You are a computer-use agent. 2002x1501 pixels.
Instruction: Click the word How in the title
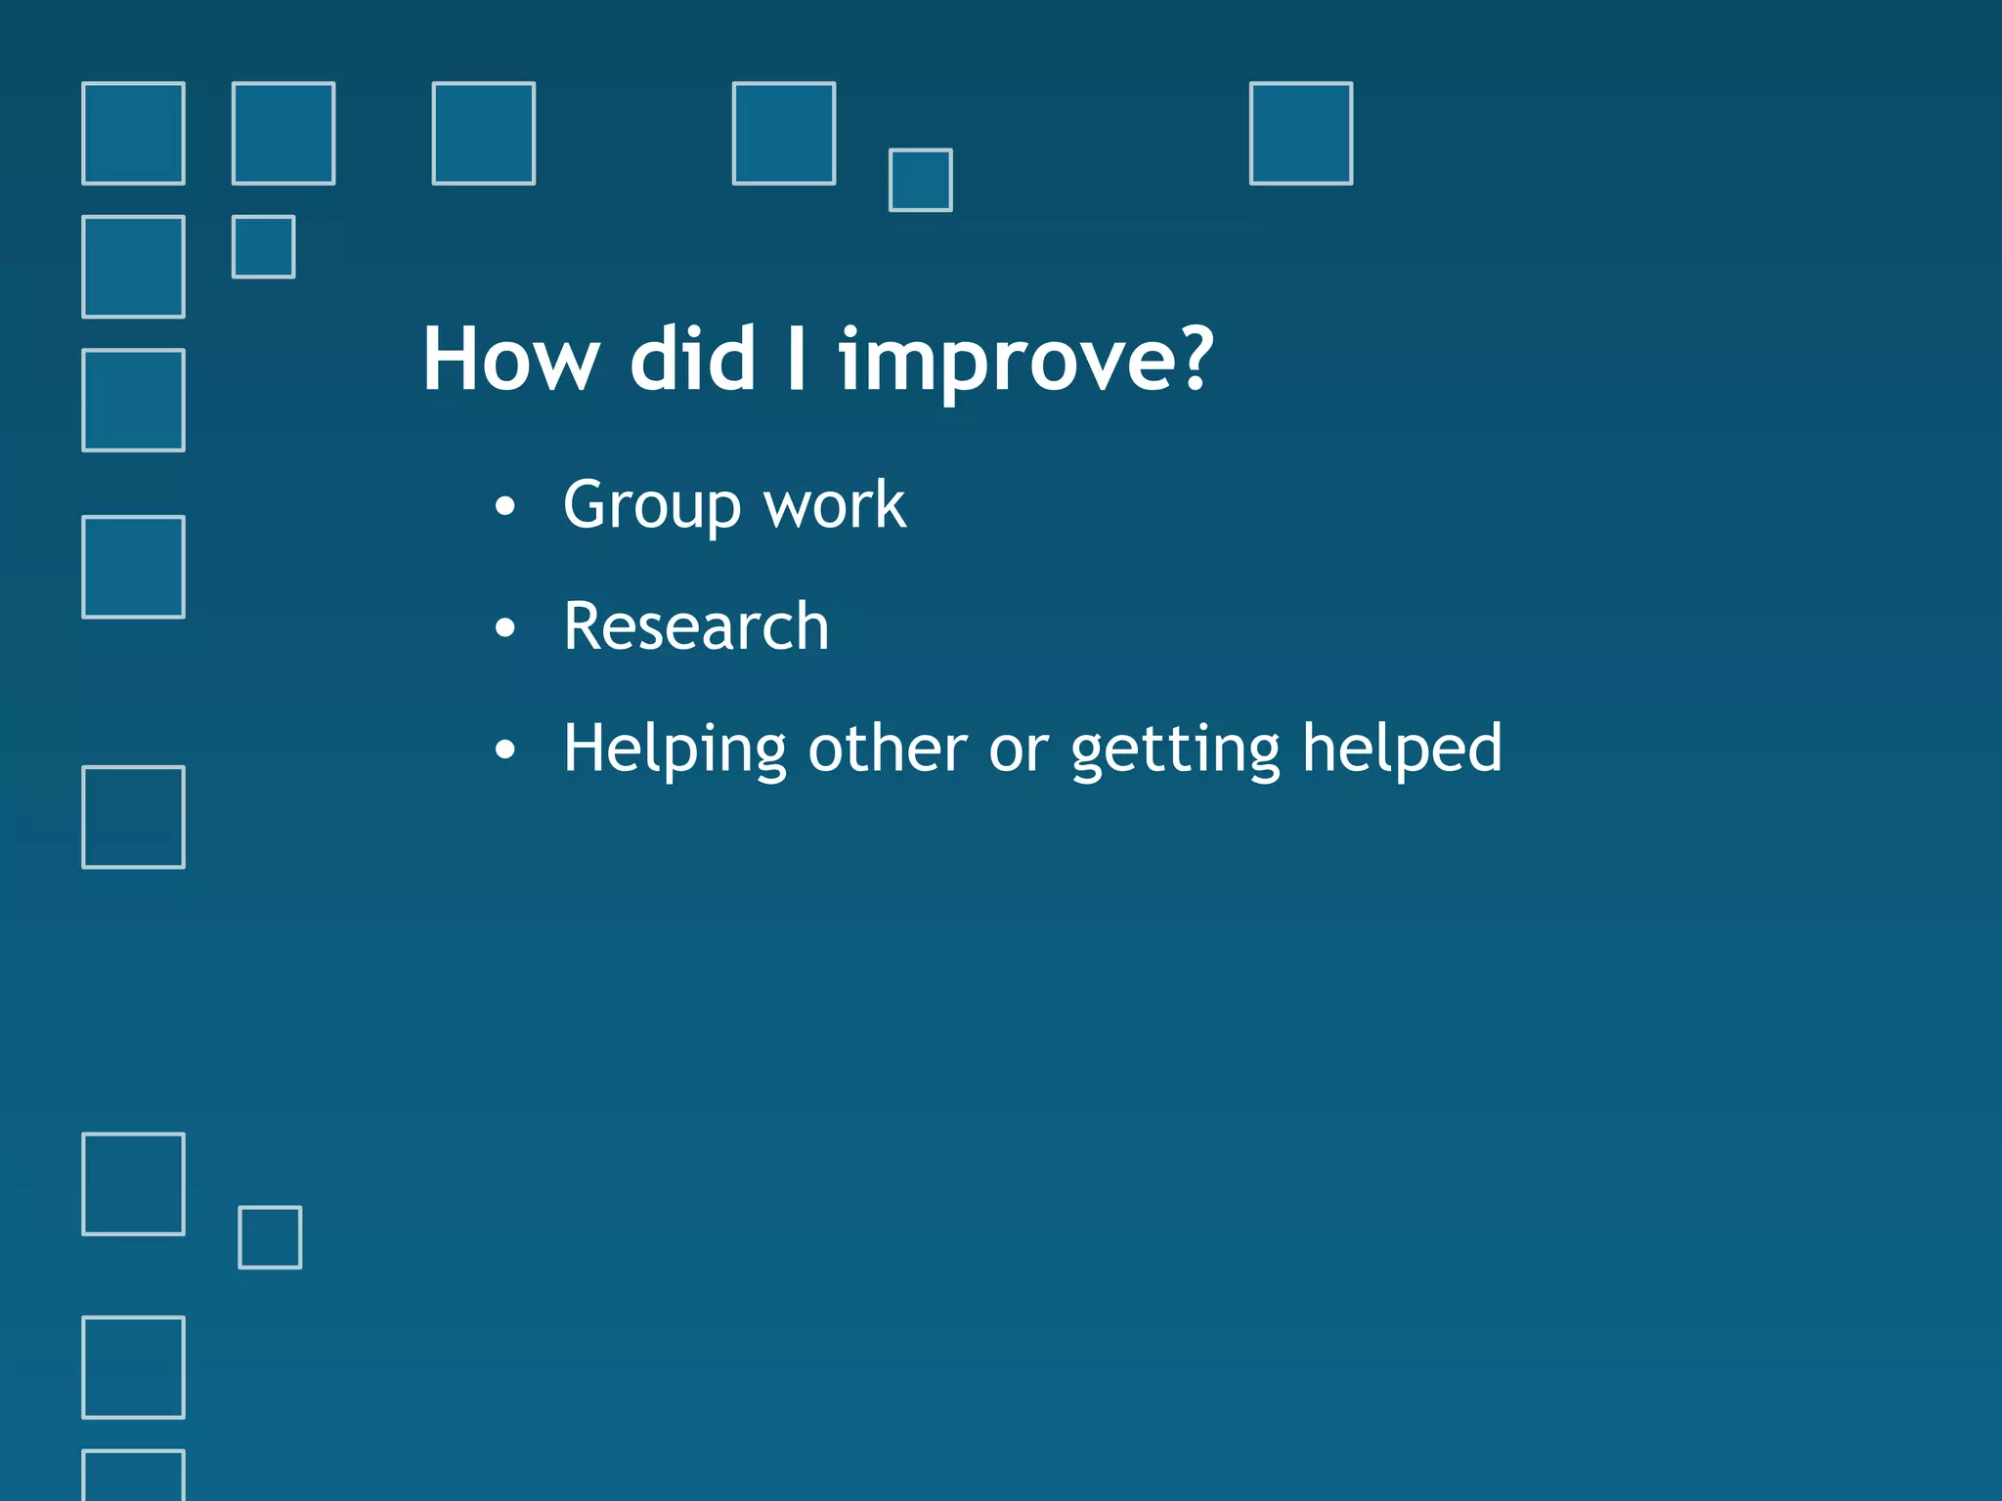(x=509, y=360)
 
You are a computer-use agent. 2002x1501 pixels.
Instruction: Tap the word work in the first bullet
(x=834, y=506)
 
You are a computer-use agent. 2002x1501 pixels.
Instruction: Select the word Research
(x=696, y=626)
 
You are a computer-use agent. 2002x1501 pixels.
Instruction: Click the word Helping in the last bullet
(x=675, y=750)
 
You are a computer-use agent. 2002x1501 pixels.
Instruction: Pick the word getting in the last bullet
(x=1175, y=750)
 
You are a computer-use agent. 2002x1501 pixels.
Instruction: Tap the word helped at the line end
(x=1402, y=748)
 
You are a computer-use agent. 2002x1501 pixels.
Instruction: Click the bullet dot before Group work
(x=504, y=507)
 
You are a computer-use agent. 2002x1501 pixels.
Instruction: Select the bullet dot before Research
(x=504, y=627)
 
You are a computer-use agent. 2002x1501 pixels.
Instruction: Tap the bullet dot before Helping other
(x=504, y=750)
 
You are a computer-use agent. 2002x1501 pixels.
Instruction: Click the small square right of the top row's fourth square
(x=920, y=180)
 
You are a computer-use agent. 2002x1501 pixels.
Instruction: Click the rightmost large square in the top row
(x=1300, y=133)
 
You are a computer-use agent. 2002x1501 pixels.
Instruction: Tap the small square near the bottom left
(x=270, y=1237)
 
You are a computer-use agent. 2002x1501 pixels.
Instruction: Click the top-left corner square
(x=133, y=133)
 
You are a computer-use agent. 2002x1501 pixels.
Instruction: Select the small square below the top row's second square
(x=263, y=247)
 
